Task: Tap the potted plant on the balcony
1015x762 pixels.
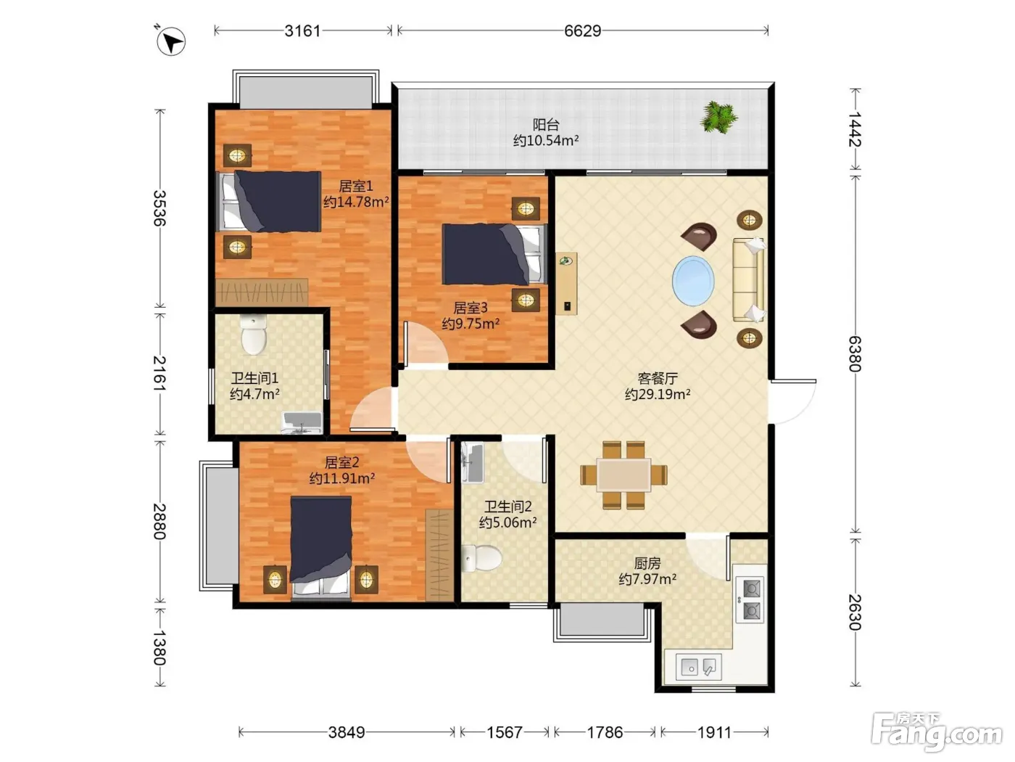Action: pyautogui.click(x=718, y=118)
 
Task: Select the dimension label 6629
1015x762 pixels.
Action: pyautogui.click(x=582, y=31)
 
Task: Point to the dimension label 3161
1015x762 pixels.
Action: pyautogui.click(x=302, y=31)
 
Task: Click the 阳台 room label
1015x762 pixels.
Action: pyautogui.click(x=546, y=124)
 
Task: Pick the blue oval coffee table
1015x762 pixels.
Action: pyautogui.click(x=692, y=281)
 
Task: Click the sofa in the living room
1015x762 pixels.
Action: pyautogui.click(x=749, y=279)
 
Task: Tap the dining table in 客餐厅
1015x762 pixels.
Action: pyautogui.click(x=623, y=475)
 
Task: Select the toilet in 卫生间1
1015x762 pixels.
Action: pyautogui.click(x=253, y=334)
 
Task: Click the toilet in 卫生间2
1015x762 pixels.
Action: pyautogui.click(x=481, y=558)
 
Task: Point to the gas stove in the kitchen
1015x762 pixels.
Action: pyautogui.click(x=750, y=599)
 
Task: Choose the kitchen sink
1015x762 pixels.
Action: pyautogui.click(x=698, y=667)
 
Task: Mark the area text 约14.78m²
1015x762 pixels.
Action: pyautogui.click(x=356, y=202)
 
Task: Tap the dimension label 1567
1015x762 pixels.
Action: pyautogui.click(x=505, y=732)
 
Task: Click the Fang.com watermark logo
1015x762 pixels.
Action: pyautogui.click(x=937, y=732)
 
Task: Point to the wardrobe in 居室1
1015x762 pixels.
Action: pyautogui.click(x=262, y=292)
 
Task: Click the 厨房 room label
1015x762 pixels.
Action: pyautogui.click(x=647, y=564)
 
